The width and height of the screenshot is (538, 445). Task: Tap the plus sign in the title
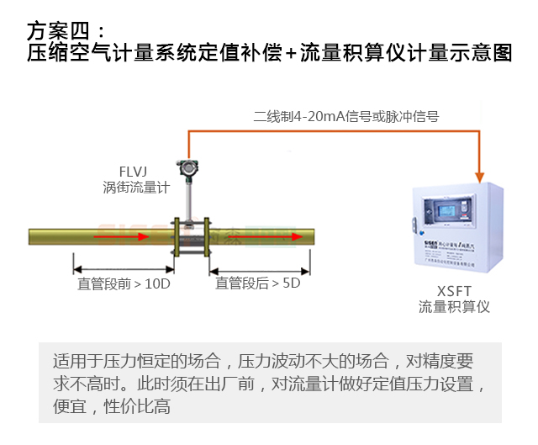pyautogui.click(x=291, y=54)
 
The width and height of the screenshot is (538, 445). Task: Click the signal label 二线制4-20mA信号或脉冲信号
pyautogui.click(x=345, y=117)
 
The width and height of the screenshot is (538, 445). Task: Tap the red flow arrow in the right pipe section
pyautogui.click(x=269, y=236)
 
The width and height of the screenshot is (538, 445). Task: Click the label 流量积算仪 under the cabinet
pyautogui.click(x=454, y=308)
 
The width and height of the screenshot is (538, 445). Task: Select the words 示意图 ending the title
pyautogui.click(x=488, y=54)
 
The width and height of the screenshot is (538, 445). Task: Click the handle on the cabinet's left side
pyautogui.click(x=413, y=223)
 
